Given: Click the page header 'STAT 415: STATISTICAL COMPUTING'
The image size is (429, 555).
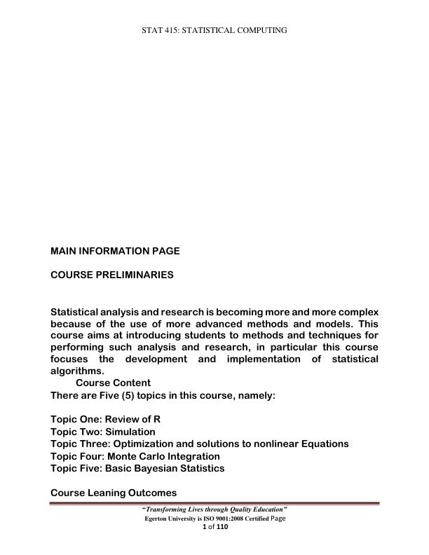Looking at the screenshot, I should coord(214,30).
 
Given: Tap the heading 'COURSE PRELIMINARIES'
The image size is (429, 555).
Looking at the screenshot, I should coord(112,275).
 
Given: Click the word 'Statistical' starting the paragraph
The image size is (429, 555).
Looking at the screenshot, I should coord(76,312).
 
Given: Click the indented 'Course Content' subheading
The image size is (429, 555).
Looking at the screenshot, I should coord(113,383).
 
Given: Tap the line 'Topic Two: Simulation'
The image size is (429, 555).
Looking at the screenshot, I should coord(103,432).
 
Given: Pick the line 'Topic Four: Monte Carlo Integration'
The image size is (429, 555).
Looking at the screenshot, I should coord(135,456).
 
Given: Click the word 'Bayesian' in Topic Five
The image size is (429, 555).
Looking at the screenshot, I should coord(156,468).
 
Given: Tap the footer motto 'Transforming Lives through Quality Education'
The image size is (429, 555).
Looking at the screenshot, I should coord(214,509).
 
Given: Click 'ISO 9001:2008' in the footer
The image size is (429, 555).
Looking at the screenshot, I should coord(222,519).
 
